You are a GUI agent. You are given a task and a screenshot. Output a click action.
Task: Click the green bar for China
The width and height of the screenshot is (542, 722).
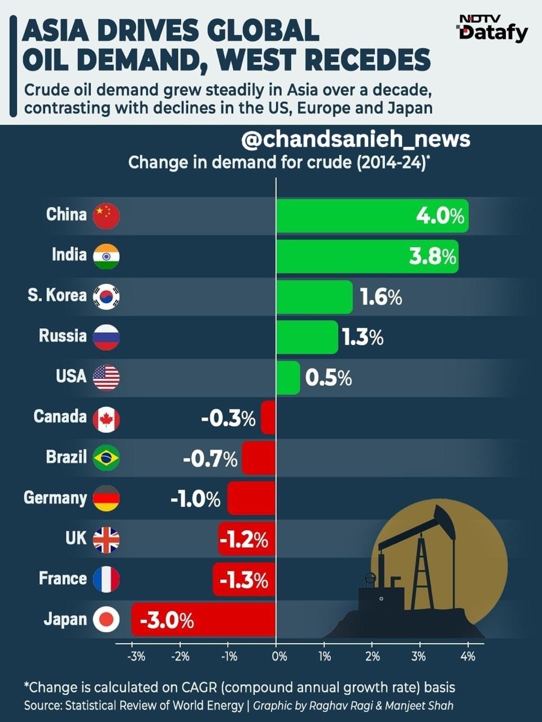[372, 216]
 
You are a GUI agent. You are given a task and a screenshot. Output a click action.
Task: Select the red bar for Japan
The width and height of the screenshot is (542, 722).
[203, 619]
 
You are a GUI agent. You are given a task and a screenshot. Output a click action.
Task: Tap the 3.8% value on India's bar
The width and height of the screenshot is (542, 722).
[432, 257]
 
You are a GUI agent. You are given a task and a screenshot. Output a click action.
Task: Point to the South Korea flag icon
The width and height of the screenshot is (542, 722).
[106, 296]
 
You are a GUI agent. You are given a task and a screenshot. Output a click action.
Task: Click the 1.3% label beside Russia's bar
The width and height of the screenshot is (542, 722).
[363, 338]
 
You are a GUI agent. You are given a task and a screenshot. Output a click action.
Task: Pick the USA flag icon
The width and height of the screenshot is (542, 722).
[106, 377]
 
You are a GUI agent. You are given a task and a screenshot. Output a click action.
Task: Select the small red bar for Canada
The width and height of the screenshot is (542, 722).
[269, 417]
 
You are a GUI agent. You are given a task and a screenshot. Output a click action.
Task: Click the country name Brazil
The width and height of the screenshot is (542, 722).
[67, 457]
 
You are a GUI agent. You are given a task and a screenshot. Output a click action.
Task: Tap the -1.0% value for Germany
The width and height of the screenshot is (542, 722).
[195, 499]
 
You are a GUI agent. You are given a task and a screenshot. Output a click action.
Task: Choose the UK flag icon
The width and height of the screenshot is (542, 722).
[106, 540]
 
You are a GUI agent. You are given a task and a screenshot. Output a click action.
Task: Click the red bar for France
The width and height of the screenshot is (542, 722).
[244, 579]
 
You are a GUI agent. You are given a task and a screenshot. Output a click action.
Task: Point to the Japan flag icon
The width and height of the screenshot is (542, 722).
[106, 620]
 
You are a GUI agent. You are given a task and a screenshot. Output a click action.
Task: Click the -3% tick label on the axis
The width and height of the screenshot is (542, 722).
[136, 657]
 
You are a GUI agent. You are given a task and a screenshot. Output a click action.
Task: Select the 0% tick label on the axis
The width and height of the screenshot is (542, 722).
[279, 657]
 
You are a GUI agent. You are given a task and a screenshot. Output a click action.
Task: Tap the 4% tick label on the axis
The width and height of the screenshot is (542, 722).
[467, 657]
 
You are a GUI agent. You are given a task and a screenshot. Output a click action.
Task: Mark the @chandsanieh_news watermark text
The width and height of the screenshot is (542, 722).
[356, 139]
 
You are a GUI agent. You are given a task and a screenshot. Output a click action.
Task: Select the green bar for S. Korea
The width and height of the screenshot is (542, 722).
[314, 297]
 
